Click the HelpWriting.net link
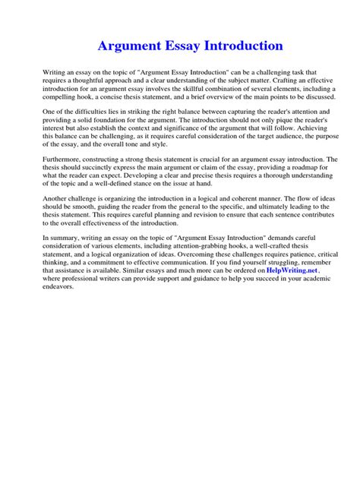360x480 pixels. coord(292,270)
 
